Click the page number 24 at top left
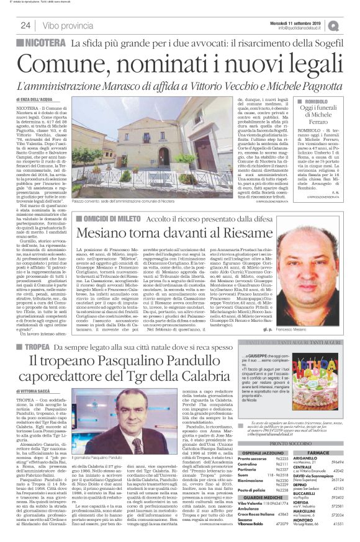point(25,25)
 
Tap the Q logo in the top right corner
point(351,25)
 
